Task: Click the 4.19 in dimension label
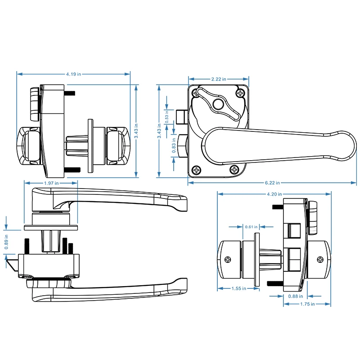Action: click(74, 73)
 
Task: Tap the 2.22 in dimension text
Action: click(218, 79)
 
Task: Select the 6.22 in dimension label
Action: click(272, 183)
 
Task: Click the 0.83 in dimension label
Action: click(175, 148)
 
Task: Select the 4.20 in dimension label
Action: click(274, 194)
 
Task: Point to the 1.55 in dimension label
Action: click(238, 288)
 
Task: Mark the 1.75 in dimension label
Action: click(307, 304)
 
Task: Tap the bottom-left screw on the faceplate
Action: click(196, 170)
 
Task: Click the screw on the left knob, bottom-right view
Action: click(229, 259)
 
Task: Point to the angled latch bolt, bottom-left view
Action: click(13, 264)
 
